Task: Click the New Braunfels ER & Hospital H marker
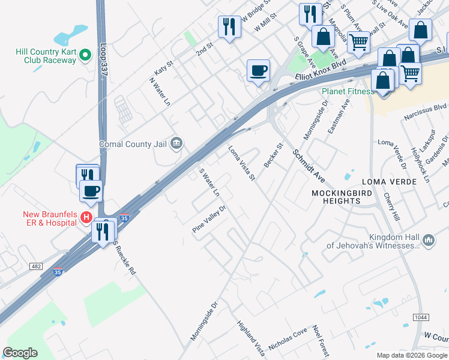(x=86, y=218)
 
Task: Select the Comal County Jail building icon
(x=176, y=143)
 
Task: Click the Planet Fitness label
(x=348, y=92)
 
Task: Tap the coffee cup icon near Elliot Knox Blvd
(x=258, y=71)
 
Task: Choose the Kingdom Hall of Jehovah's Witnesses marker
(x=429, y=240)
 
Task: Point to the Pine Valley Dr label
(x=208, y=220)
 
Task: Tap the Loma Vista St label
(x=241, y=163)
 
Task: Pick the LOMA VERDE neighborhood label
(x=385, y=181)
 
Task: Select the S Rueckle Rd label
(x=125, y=259)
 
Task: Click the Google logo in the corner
(x=20, y=353)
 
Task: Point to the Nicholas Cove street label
(x=288, y=340)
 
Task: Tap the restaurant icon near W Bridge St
(x=229, y=26)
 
